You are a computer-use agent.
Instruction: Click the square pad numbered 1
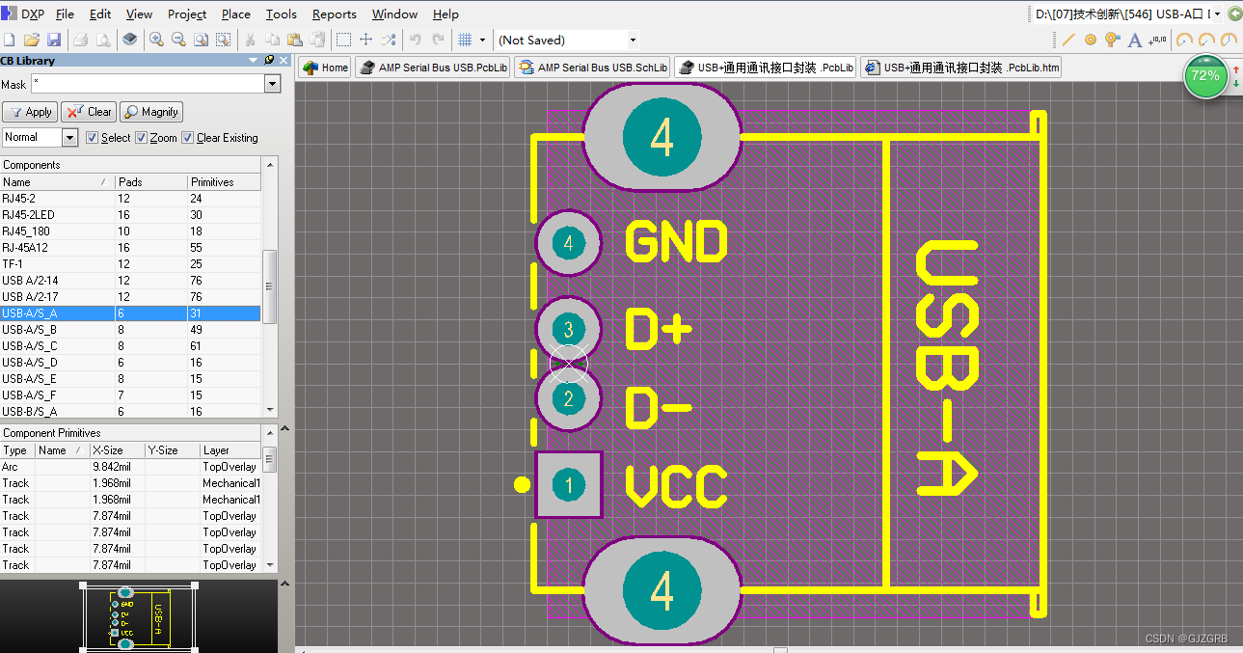(x=569, y=485)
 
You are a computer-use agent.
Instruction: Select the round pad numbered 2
(x=569, y=398)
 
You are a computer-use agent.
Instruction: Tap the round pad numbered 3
(x=569, y=330)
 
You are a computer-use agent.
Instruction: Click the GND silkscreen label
(x=676, y=242)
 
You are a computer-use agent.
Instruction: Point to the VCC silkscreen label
(x=676, y=487)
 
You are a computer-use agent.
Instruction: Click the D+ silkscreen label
(x=659, y=330)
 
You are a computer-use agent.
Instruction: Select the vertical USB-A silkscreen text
(x=946, y=368)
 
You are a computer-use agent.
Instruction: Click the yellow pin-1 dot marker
(x=522, y=484)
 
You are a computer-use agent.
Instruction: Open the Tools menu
(x=281, y=14)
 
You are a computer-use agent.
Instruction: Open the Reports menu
(x=334, y=14)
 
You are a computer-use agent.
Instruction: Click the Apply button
(x=30, y=112)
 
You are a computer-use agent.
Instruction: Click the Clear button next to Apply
(x=88, y=112)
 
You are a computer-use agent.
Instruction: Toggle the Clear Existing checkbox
(x=188, y=138)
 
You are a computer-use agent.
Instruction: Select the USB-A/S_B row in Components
(x=29, y=330)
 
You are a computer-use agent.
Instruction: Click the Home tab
(x=325, y=68)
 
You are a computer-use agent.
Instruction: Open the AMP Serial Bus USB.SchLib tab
(x=592, y=68)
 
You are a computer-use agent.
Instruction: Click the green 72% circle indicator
(x=1204, y=76)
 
